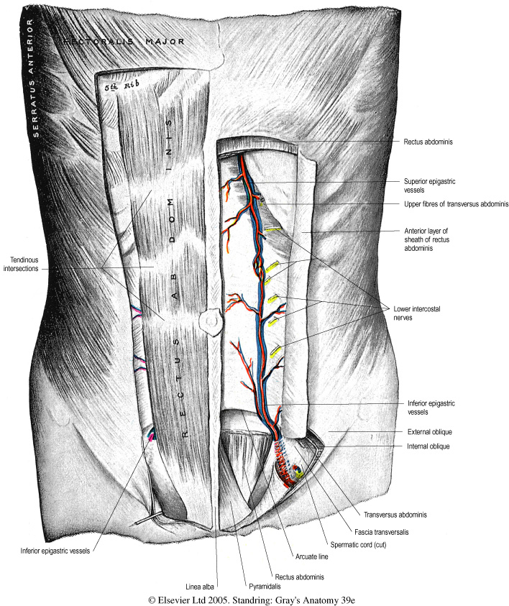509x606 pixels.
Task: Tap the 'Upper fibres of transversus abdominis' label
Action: tap(457, 205)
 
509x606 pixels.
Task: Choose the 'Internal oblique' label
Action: tap(428, 446)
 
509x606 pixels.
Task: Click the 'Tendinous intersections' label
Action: tap(27, 264)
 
